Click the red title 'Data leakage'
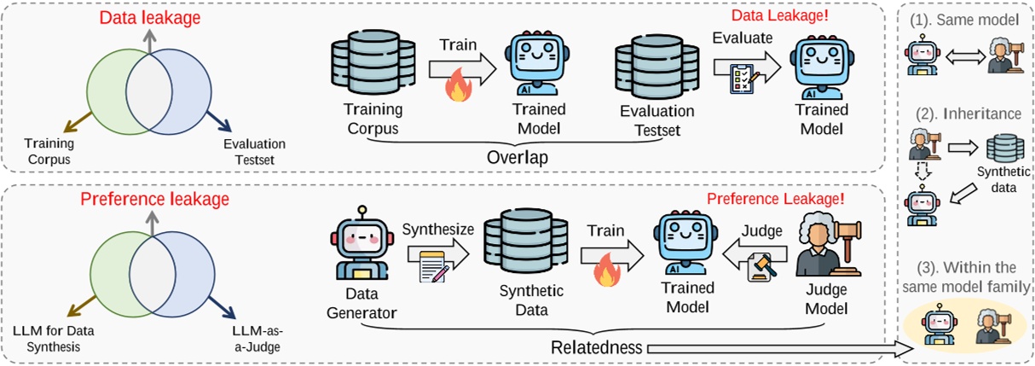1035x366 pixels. click(x=138, y=18)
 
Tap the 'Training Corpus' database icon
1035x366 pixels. click(x=373, y=67)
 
